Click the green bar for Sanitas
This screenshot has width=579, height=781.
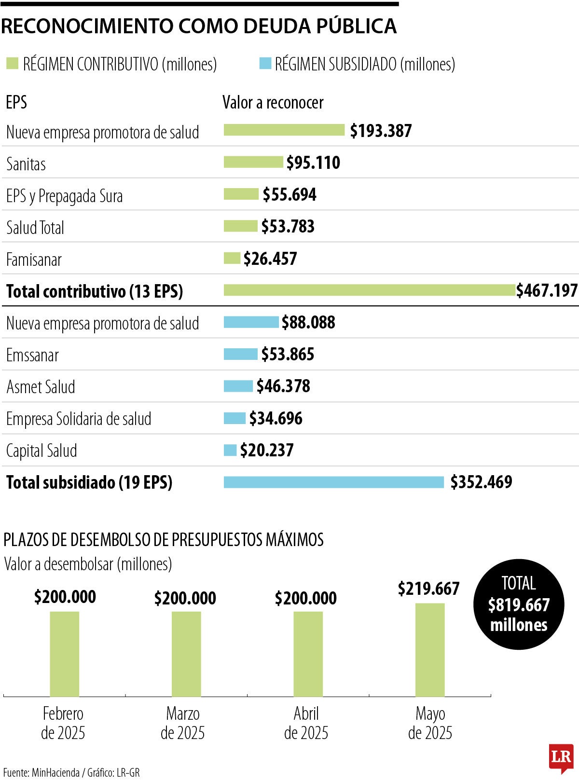coord(253,162)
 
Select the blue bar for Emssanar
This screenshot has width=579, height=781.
coord(240,354)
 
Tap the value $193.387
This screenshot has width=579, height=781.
coord(381,131)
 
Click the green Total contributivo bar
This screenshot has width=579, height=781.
coord(369,290)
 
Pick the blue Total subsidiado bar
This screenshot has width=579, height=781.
coord(333,482)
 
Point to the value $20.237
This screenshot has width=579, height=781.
coord(266,450)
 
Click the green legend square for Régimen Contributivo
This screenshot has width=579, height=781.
coord(12,63)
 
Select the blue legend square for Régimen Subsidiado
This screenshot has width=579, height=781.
coord(265,63)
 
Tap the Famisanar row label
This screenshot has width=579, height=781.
coord(34,260)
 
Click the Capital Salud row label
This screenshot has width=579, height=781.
coord(41,451)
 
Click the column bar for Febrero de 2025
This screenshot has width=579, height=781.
coord(65,654)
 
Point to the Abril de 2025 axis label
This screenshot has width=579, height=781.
coord(306,723)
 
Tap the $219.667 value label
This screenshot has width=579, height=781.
coord(428,589)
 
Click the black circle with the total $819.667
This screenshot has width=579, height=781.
coord(519,604)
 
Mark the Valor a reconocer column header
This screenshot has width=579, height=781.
coord(273,102)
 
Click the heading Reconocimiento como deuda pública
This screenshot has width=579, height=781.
coord(199,26)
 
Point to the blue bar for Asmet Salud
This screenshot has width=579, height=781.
coord(238,386)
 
